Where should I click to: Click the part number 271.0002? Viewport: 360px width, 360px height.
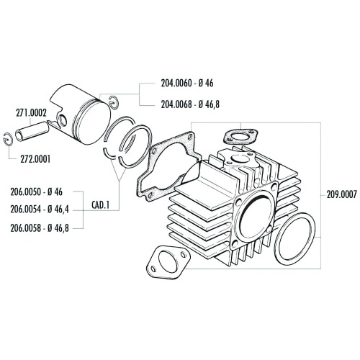(x=32, y=113)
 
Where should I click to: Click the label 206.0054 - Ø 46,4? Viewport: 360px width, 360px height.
(x=41, y=210)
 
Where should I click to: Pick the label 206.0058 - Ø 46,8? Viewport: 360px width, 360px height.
(x=41, y=228)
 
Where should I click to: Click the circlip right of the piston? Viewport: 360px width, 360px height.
(x=114, y=100)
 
